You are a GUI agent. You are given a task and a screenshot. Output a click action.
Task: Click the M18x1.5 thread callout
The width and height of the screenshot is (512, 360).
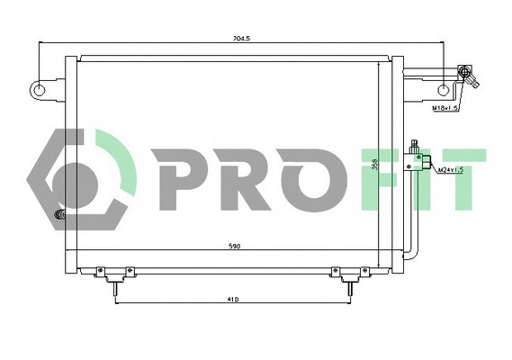[x=445, y=108]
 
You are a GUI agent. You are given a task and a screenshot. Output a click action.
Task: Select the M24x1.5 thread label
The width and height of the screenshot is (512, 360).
[x=449, y=169]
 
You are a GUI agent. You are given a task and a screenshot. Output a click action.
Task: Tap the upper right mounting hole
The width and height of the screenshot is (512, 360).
[x=444, y=90]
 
